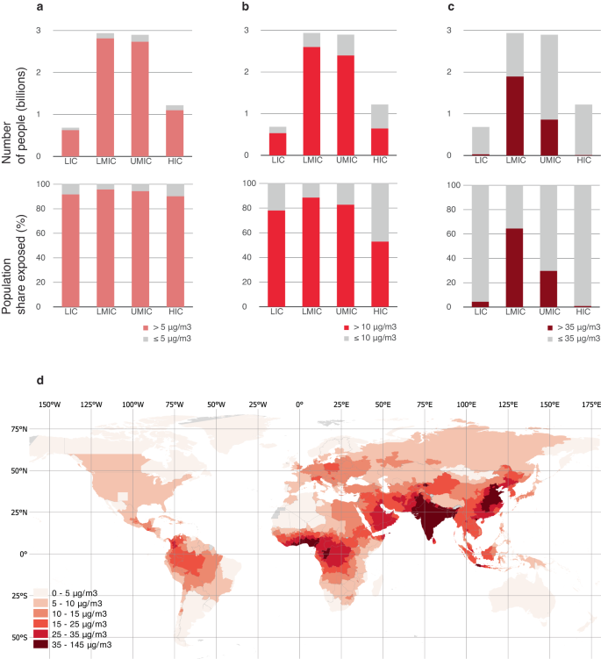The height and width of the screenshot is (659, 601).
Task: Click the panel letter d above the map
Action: tap(39, 379)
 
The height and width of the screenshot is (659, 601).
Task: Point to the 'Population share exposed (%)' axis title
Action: tap(17, 243)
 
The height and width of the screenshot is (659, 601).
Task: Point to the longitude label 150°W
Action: tap(49, 405)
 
